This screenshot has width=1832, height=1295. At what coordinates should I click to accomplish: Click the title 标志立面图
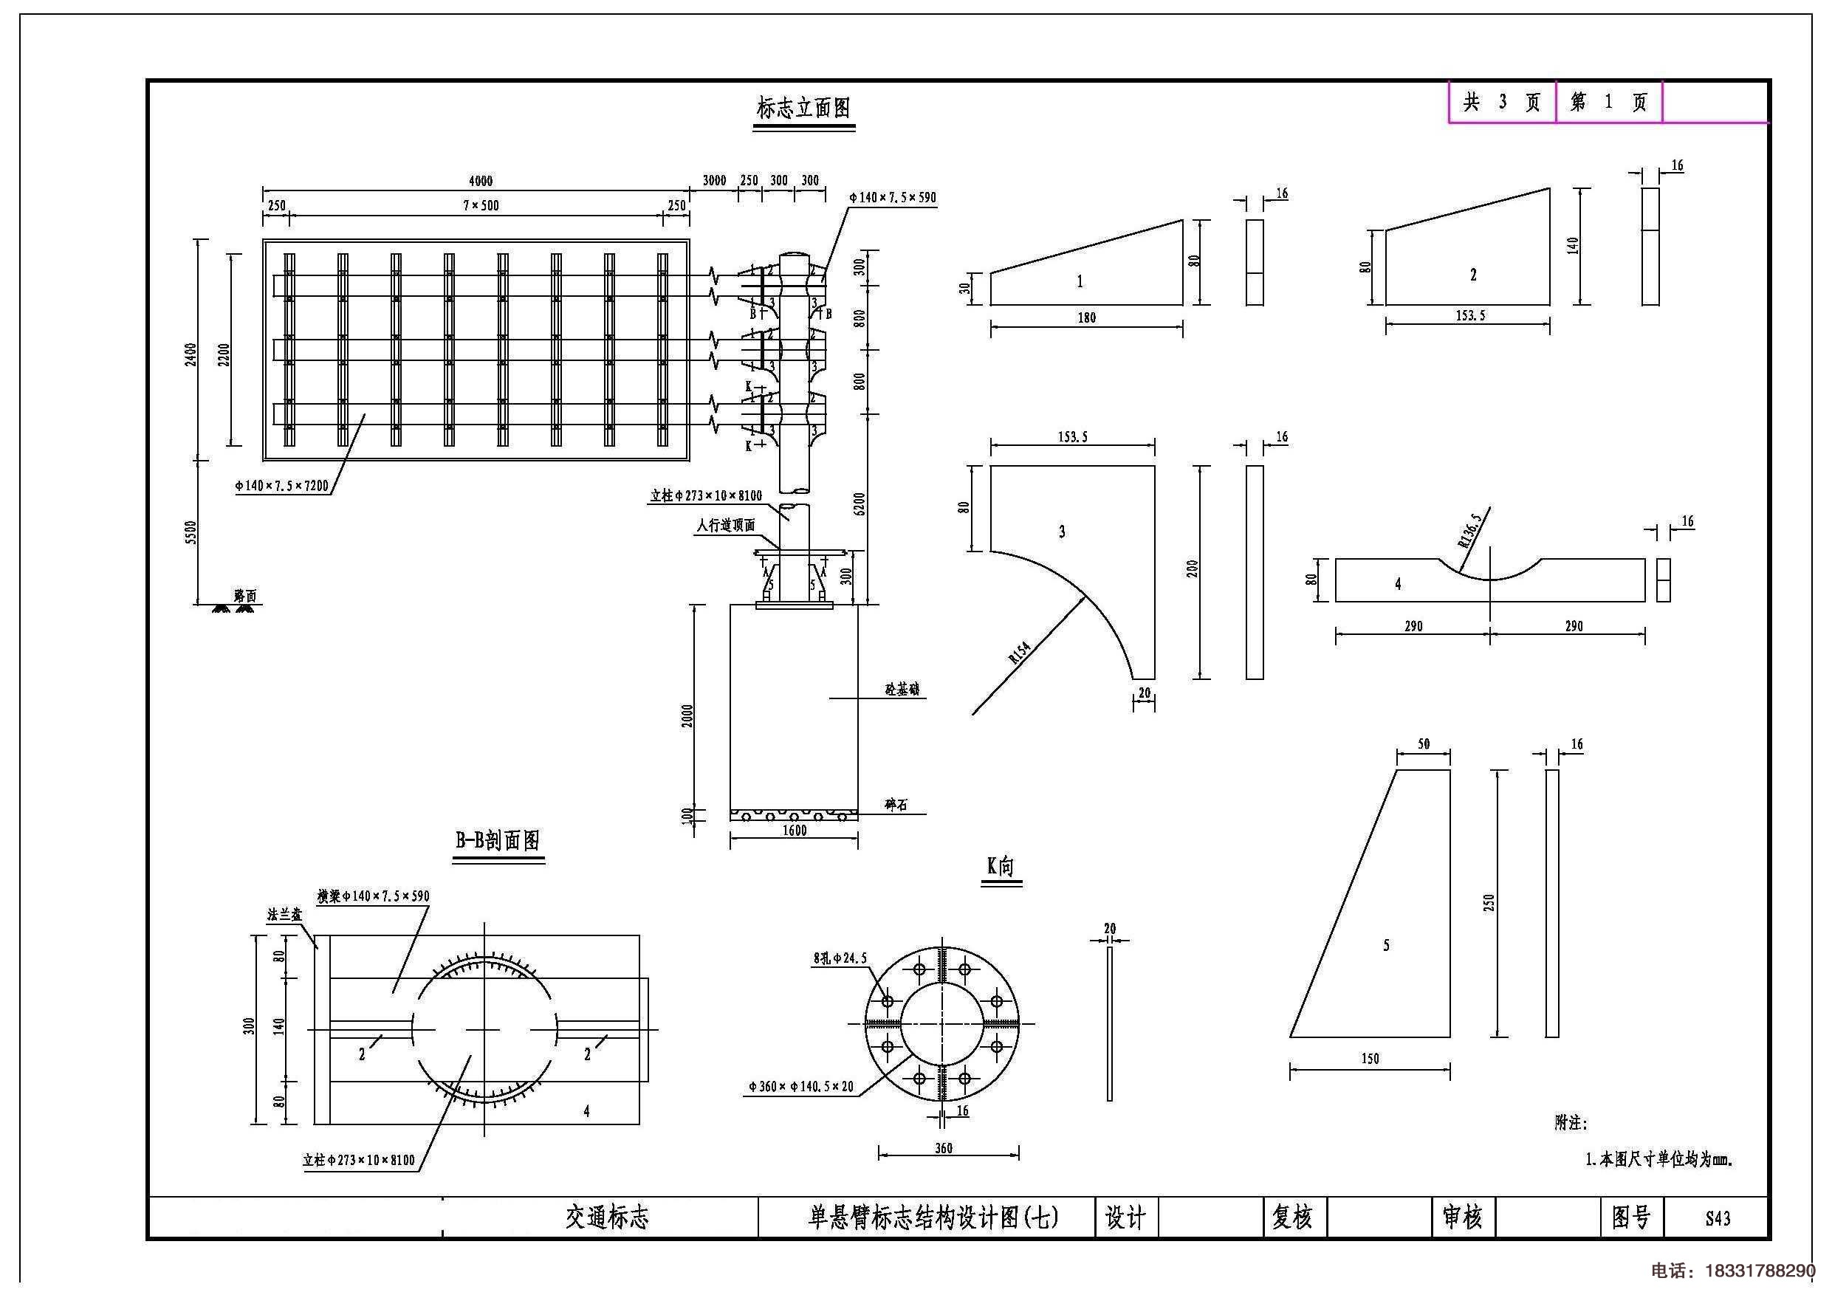803,108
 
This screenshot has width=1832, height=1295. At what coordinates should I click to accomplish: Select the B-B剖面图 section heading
498,840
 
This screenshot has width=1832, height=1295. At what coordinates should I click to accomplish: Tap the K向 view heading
1001,867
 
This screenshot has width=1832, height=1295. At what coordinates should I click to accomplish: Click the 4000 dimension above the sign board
481,181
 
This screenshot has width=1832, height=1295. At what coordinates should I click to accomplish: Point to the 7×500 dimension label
481,206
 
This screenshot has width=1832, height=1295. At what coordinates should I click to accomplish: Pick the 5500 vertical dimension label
190,533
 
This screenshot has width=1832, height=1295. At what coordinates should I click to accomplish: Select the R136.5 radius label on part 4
1469,531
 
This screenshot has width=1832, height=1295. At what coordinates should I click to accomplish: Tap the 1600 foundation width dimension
794,831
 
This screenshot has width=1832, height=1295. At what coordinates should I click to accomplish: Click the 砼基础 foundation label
902,690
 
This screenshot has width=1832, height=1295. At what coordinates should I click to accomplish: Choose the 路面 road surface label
245,596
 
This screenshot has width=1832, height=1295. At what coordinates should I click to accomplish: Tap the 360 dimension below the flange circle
943,1148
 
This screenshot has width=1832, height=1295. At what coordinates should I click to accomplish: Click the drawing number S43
1717,1217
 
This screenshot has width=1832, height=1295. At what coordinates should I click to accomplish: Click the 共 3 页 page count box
1502,102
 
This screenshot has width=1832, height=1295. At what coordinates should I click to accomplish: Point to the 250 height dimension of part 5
1489,903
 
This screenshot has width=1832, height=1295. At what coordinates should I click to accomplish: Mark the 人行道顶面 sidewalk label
725,525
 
